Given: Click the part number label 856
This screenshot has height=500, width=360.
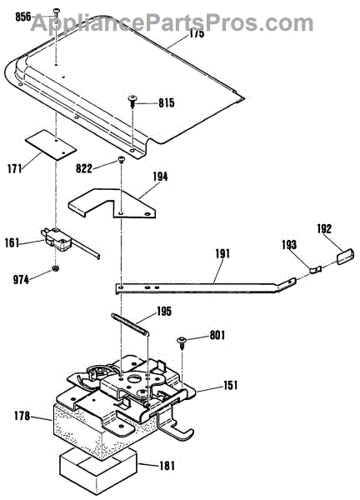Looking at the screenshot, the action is pyautogui.click(x=23, y=17).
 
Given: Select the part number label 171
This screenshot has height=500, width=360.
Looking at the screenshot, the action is pyautogui.click(x=15, y=168).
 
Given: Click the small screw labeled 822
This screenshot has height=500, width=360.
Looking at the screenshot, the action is pyautogui.click(x=121, y=160).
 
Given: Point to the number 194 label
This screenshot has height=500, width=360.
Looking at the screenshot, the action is pyautogui.click(x=160, y=177).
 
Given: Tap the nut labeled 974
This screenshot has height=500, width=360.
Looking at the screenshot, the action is pyautogui.click(x=56, y=269).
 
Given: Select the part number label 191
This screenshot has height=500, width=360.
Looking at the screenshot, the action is pyautogui.click(x=222, y=253).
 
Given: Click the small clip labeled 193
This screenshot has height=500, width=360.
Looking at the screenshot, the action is pyautogui.click(x=315, y=269).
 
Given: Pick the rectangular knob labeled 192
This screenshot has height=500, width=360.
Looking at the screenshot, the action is pyautogui.click(x=344, y=257).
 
